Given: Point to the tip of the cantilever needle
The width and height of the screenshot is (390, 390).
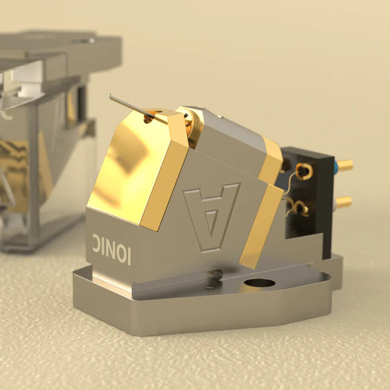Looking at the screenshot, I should (111, 96).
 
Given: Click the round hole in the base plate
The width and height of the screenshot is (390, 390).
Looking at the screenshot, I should (260, 283).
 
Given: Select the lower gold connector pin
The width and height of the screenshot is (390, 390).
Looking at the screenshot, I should (344, 202).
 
